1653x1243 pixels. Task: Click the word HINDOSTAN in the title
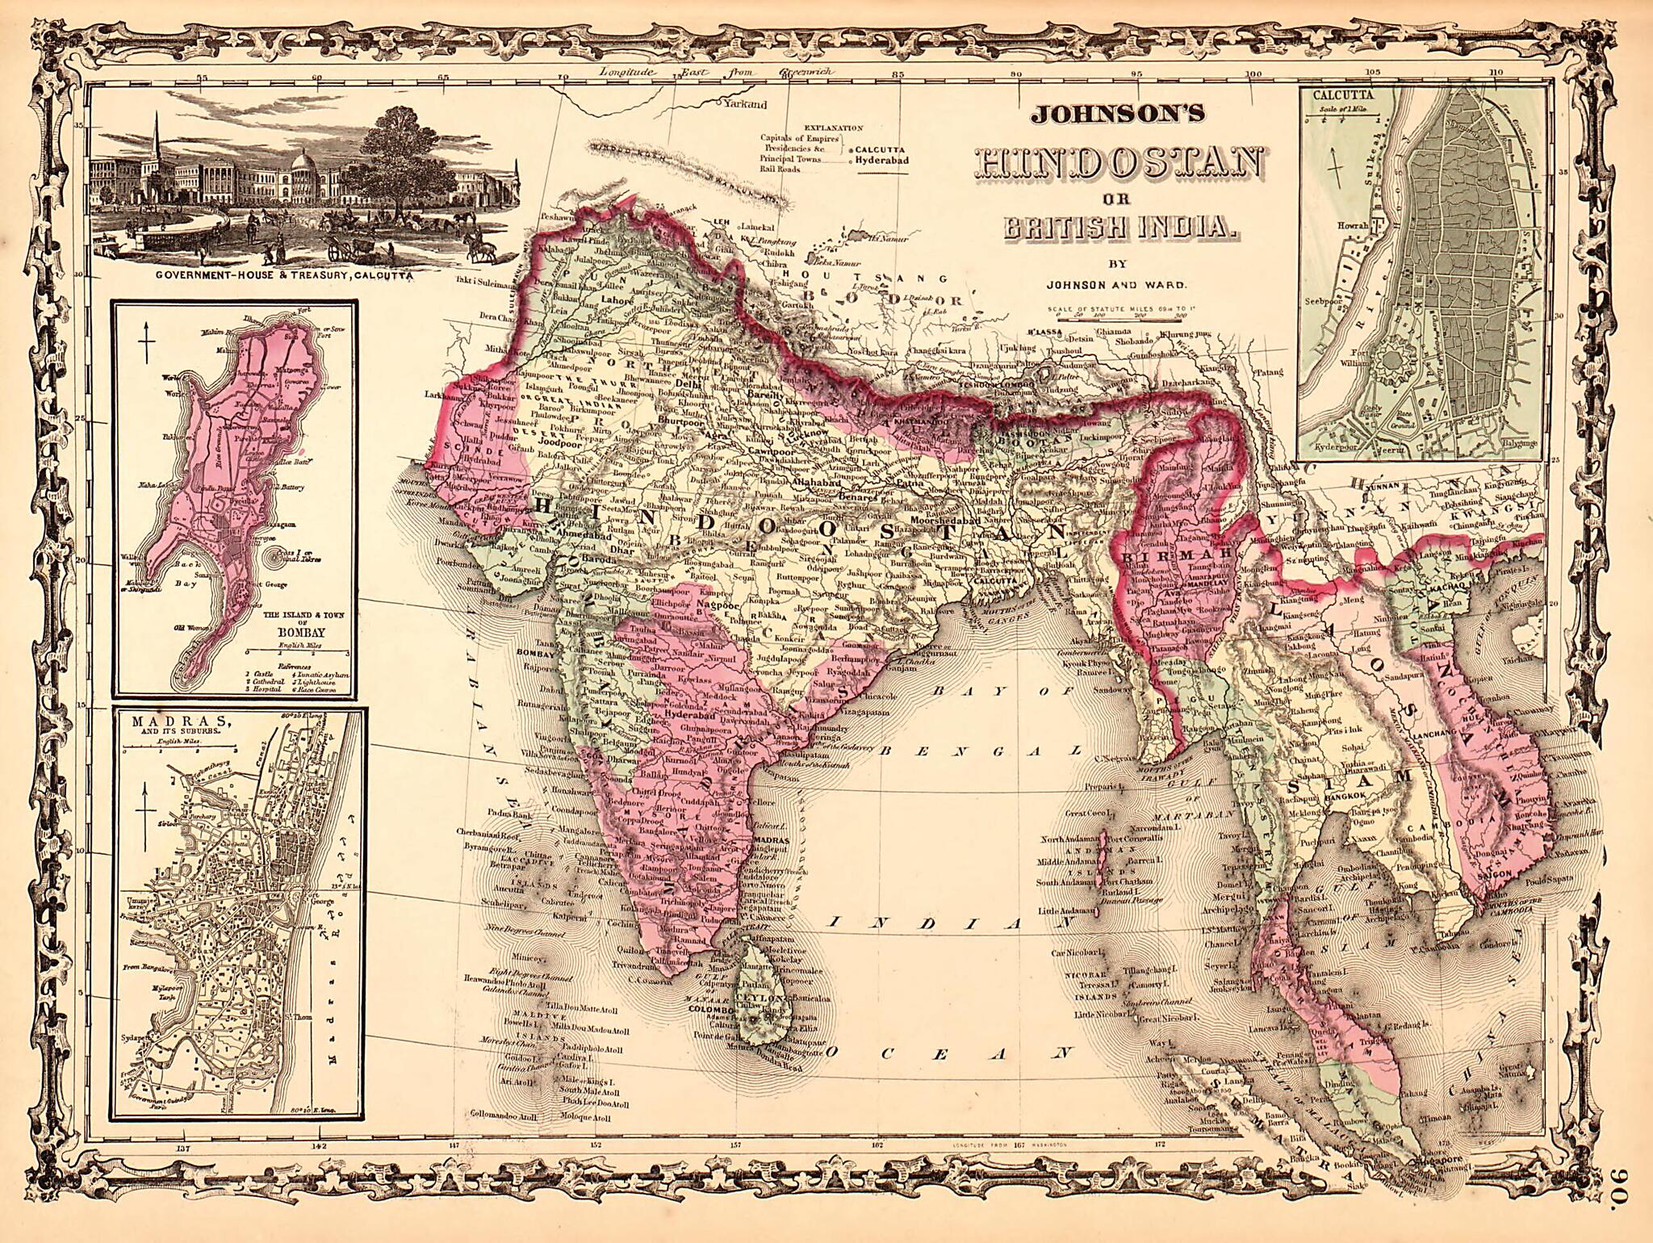1119,165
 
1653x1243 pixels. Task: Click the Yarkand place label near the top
745,104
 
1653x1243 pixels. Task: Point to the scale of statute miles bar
1117,320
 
